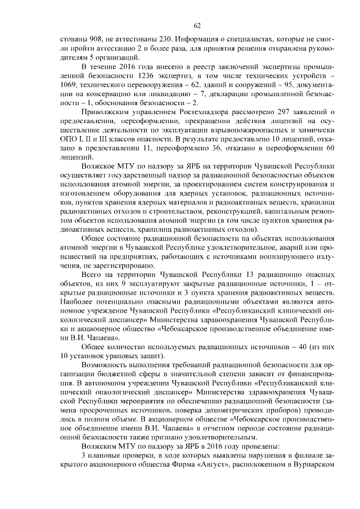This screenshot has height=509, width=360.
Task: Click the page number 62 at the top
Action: point(197,25)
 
